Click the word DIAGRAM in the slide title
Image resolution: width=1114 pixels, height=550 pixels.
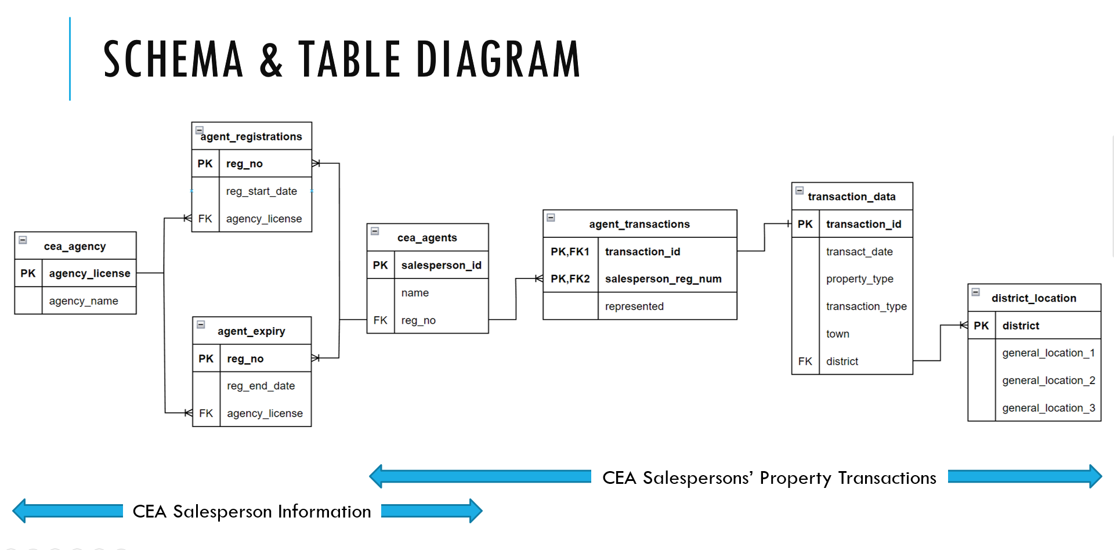click(x=498, y=59)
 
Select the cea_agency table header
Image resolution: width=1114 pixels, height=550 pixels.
click(x=75, y=246)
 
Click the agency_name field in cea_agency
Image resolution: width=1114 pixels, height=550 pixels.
click(x=84, y=301)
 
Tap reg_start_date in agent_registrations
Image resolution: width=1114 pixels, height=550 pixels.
click(x=261, y=191)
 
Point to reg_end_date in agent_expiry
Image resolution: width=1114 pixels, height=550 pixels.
click(x=261, y=386)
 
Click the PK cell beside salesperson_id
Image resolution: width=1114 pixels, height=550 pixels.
click(x=380, y=265)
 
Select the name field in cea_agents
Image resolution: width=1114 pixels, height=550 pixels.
click(x=415, y=293)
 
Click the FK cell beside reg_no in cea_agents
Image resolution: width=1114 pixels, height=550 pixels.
click(x=380, y=320)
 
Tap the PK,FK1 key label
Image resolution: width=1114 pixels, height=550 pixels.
click(x=570, y=252)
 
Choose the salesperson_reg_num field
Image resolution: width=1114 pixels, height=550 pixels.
click(x=663, y=279)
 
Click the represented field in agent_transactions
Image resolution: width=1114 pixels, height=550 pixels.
click(x=634, y=306)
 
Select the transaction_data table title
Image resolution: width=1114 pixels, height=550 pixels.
click(x=851, y=197)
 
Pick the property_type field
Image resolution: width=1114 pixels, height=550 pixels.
click(x=859, y=279)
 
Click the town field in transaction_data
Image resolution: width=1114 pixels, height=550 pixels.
click(x=837, y=334)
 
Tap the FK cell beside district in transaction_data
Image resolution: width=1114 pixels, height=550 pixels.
click(x=805, y=361)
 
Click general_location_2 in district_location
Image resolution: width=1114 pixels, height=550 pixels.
click(x=1048, y=381)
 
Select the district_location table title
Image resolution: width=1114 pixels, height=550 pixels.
click(x=1033, y=298)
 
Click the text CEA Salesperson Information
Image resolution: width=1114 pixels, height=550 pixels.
click(x=251, y=511)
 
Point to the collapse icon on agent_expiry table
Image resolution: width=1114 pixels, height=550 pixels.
click(x=201, y=324)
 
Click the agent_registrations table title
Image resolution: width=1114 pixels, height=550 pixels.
click(x=251, y=137)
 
